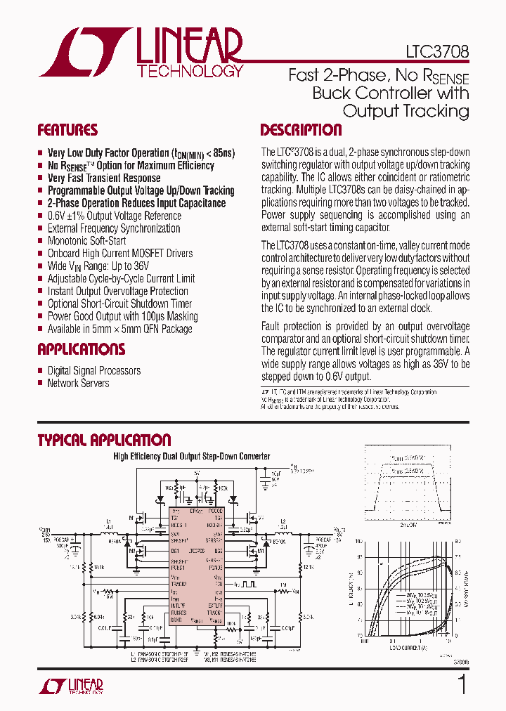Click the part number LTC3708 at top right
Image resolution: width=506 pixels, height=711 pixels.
437,52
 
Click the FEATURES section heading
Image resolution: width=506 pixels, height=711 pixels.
67,130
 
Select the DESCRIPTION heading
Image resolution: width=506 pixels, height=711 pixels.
301,130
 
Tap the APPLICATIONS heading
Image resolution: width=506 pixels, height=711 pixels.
81,349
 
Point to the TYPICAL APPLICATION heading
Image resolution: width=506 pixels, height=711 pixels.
104,441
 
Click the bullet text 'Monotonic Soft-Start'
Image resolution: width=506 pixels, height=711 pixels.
87,241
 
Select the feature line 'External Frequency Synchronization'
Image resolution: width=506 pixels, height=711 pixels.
114,228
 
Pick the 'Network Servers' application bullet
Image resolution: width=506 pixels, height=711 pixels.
78,383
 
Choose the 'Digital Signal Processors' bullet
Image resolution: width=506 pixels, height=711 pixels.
94,370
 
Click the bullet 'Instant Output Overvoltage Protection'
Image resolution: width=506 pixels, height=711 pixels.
118,291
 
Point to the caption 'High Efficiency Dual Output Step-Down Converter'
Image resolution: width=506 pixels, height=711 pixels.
192,457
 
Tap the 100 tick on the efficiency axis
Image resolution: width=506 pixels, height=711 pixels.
358,542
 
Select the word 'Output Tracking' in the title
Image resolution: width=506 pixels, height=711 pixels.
406,111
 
